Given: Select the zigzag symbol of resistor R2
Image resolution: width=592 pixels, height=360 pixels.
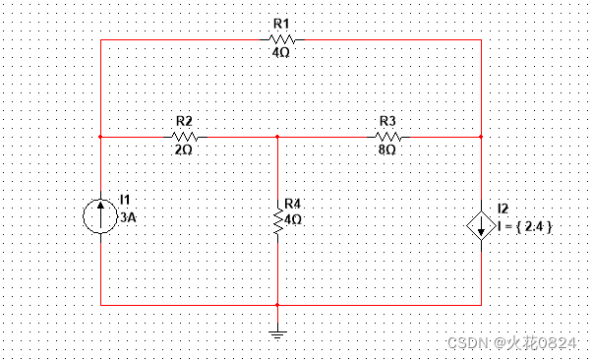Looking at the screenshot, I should pos(184,137).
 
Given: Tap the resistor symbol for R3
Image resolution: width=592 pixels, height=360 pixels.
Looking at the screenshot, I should pos(386,137).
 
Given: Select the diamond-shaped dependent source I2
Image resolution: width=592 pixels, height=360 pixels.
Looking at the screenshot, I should pos(481,225).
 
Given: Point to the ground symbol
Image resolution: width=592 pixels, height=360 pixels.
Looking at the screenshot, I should pos(277,333).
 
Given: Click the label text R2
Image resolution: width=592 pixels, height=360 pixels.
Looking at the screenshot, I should pos(183,120).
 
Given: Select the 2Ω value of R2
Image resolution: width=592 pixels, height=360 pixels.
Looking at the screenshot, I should pos(183,151).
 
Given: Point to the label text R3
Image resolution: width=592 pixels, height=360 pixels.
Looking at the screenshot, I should pos(386,120).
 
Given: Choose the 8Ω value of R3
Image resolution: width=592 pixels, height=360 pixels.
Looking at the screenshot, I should pos(386,151).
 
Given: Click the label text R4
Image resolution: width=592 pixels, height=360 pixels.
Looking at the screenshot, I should pos(292,204).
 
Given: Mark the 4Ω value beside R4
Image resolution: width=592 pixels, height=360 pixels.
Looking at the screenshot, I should pos(292,218).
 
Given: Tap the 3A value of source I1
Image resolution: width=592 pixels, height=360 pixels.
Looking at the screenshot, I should pos(128,221).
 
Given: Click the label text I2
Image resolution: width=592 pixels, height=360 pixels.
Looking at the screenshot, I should pos(503,209).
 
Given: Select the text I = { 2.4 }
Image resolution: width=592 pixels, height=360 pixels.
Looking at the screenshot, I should pos(526,226).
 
